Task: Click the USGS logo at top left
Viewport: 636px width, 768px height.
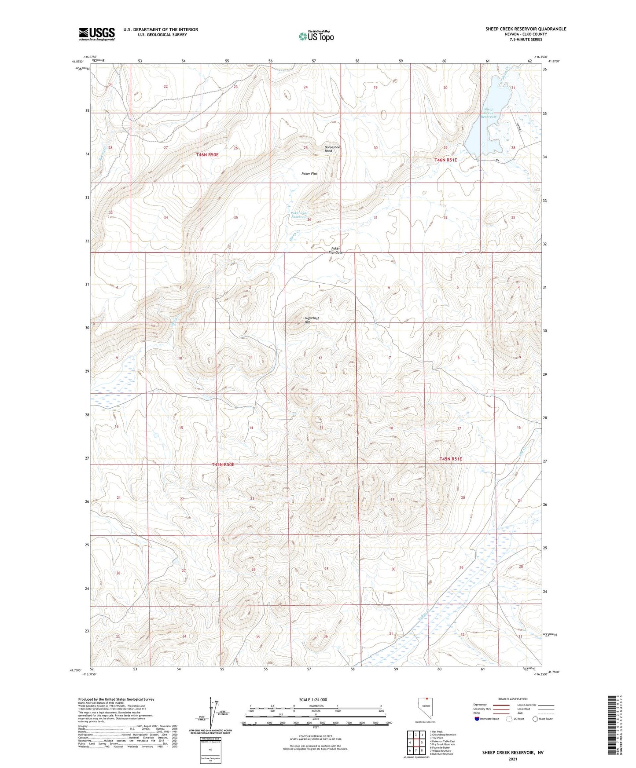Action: click(x=96, y=34)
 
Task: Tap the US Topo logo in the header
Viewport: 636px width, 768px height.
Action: click(x=316, y=36)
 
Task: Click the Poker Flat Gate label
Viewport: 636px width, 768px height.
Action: click(x=336, y=250)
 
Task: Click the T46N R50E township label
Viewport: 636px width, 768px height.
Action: click(x=207, y=155)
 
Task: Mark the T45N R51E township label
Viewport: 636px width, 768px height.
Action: click(x=451, y=459)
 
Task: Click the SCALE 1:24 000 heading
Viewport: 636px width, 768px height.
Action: click(x=313, y=699)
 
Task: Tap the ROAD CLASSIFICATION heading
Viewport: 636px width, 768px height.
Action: click(x=513, y=699)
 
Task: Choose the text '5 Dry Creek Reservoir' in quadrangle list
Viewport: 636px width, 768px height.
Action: click(x=442, y=744)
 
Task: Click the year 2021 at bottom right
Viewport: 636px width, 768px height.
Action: click(x=512, y=759)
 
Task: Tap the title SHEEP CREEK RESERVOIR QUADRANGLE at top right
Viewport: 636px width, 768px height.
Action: click(x=526, y=29)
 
